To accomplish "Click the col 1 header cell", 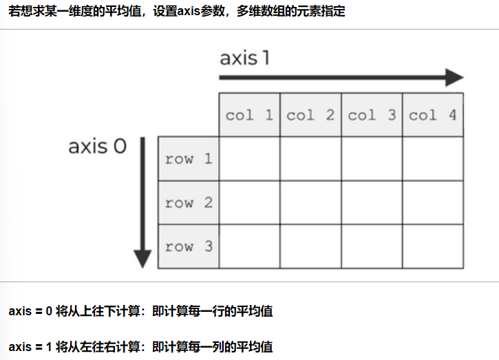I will pos(249,115).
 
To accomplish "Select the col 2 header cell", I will pos(310,115).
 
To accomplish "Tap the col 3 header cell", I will pos(372,115).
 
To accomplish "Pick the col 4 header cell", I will pos(433,115).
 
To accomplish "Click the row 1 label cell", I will pos(189,159).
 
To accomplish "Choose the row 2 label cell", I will pos(189,203).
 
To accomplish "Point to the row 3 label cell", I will pos(189,246).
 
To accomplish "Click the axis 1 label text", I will pos(244,58).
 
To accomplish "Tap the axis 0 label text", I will pos(97,147).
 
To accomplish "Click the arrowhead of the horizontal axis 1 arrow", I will pos(454,77).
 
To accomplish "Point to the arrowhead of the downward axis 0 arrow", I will pos(142,258).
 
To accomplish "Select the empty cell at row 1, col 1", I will pos(249,159).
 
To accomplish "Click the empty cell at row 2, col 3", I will pos(372,203).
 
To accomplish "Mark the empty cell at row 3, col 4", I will pos(433,246).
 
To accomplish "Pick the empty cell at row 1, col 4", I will pos(433,159).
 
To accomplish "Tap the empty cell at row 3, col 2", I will pos(310,246).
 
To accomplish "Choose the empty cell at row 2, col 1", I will pos(249,203).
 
